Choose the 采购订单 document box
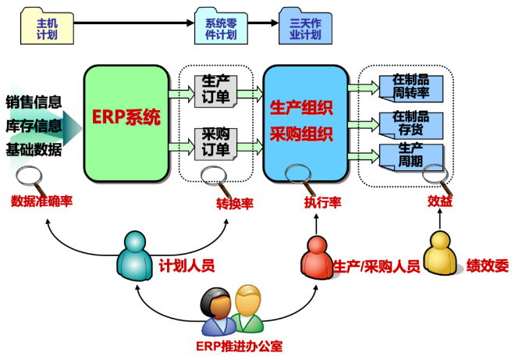(x=214, y=141)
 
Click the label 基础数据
(x=34, y=150)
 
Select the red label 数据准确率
(x=41, y=201)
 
